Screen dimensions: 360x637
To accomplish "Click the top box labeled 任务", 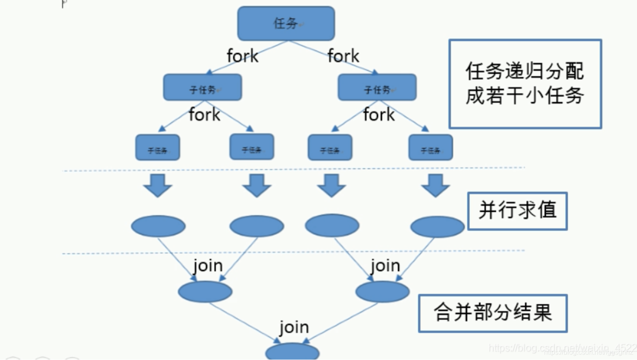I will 286,23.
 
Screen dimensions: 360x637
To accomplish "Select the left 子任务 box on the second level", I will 203,87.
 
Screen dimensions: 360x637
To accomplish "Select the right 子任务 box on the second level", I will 377,87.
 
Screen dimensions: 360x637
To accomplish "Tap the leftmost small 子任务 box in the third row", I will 158,148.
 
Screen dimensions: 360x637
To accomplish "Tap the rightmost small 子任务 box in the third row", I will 430,148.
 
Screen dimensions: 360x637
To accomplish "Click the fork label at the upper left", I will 242,56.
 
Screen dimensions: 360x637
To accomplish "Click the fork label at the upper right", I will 343,56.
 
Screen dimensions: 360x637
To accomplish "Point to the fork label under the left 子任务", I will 204,115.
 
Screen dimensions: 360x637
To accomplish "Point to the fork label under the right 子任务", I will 379,115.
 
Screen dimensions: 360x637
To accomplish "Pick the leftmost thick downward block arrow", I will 158,185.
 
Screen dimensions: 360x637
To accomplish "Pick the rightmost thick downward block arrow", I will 435,185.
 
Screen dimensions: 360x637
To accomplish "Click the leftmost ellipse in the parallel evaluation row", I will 158,226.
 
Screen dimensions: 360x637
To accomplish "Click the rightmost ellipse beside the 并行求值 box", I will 437,226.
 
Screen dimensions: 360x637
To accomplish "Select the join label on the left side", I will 208,266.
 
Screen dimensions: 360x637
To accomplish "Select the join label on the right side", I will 385,266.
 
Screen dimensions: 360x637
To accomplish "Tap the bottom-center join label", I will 294,327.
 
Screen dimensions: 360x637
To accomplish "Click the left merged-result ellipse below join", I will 205,292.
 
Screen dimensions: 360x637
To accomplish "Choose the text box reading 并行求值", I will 517,211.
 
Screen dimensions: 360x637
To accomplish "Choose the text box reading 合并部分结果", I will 493,313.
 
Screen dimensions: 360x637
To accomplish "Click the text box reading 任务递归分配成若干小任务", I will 525,84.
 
